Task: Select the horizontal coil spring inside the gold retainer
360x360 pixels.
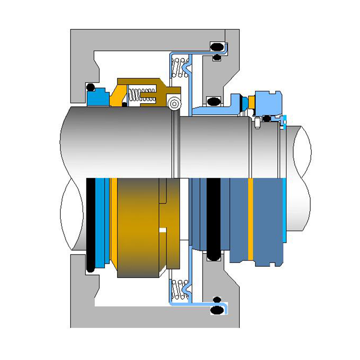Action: pos(142,95)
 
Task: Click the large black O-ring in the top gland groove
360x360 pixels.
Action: pos(218,46)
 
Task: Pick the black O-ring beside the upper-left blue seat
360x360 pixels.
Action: pos(90,87)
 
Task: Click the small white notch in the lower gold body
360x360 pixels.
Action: pos(163,230)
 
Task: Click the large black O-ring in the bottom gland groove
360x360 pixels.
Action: pos(218,310)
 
